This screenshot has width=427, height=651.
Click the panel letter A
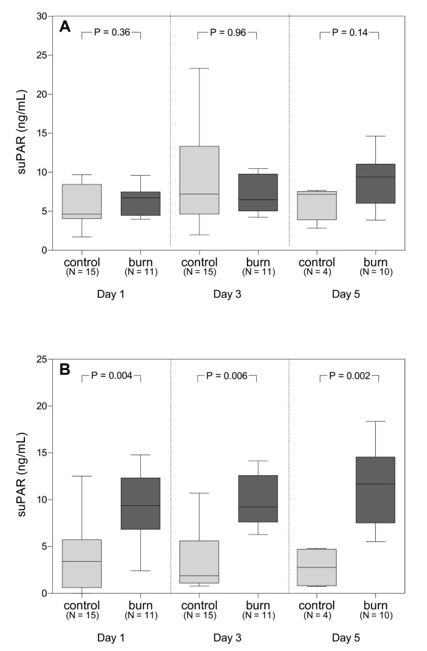(x=64, y=27)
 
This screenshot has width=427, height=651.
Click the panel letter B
(x=64, y=369)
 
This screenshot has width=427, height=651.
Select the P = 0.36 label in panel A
(x=111, y=32)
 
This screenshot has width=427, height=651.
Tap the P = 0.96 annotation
(x=227, y=32)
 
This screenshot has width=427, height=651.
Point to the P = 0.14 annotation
(x=349, y=32)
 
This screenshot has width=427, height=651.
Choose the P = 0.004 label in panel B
(x=111, y=375)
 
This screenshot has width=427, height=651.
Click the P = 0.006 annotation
(x=227, y=375)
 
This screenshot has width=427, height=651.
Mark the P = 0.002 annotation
(x=349, y=375)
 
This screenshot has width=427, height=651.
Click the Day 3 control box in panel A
(x=199, y=180)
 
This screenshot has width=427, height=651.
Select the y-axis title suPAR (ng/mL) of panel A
(x=21, y=133)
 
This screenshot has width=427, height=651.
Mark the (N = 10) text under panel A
(x=375, y=272)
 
